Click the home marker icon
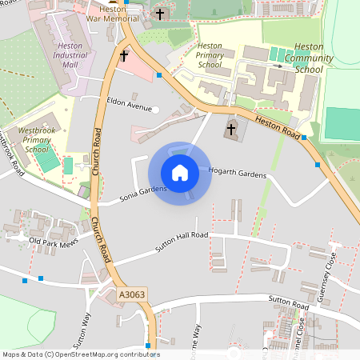[180, 173]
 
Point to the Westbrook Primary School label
[37, 138]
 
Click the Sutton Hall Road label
[182, 242]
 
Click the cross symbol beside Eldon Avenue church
[124, 56]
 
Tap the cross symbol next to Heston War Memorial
[160, 14]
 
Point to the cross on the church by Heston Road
[231, 129]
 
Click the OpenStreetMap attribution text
[81, 354]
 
